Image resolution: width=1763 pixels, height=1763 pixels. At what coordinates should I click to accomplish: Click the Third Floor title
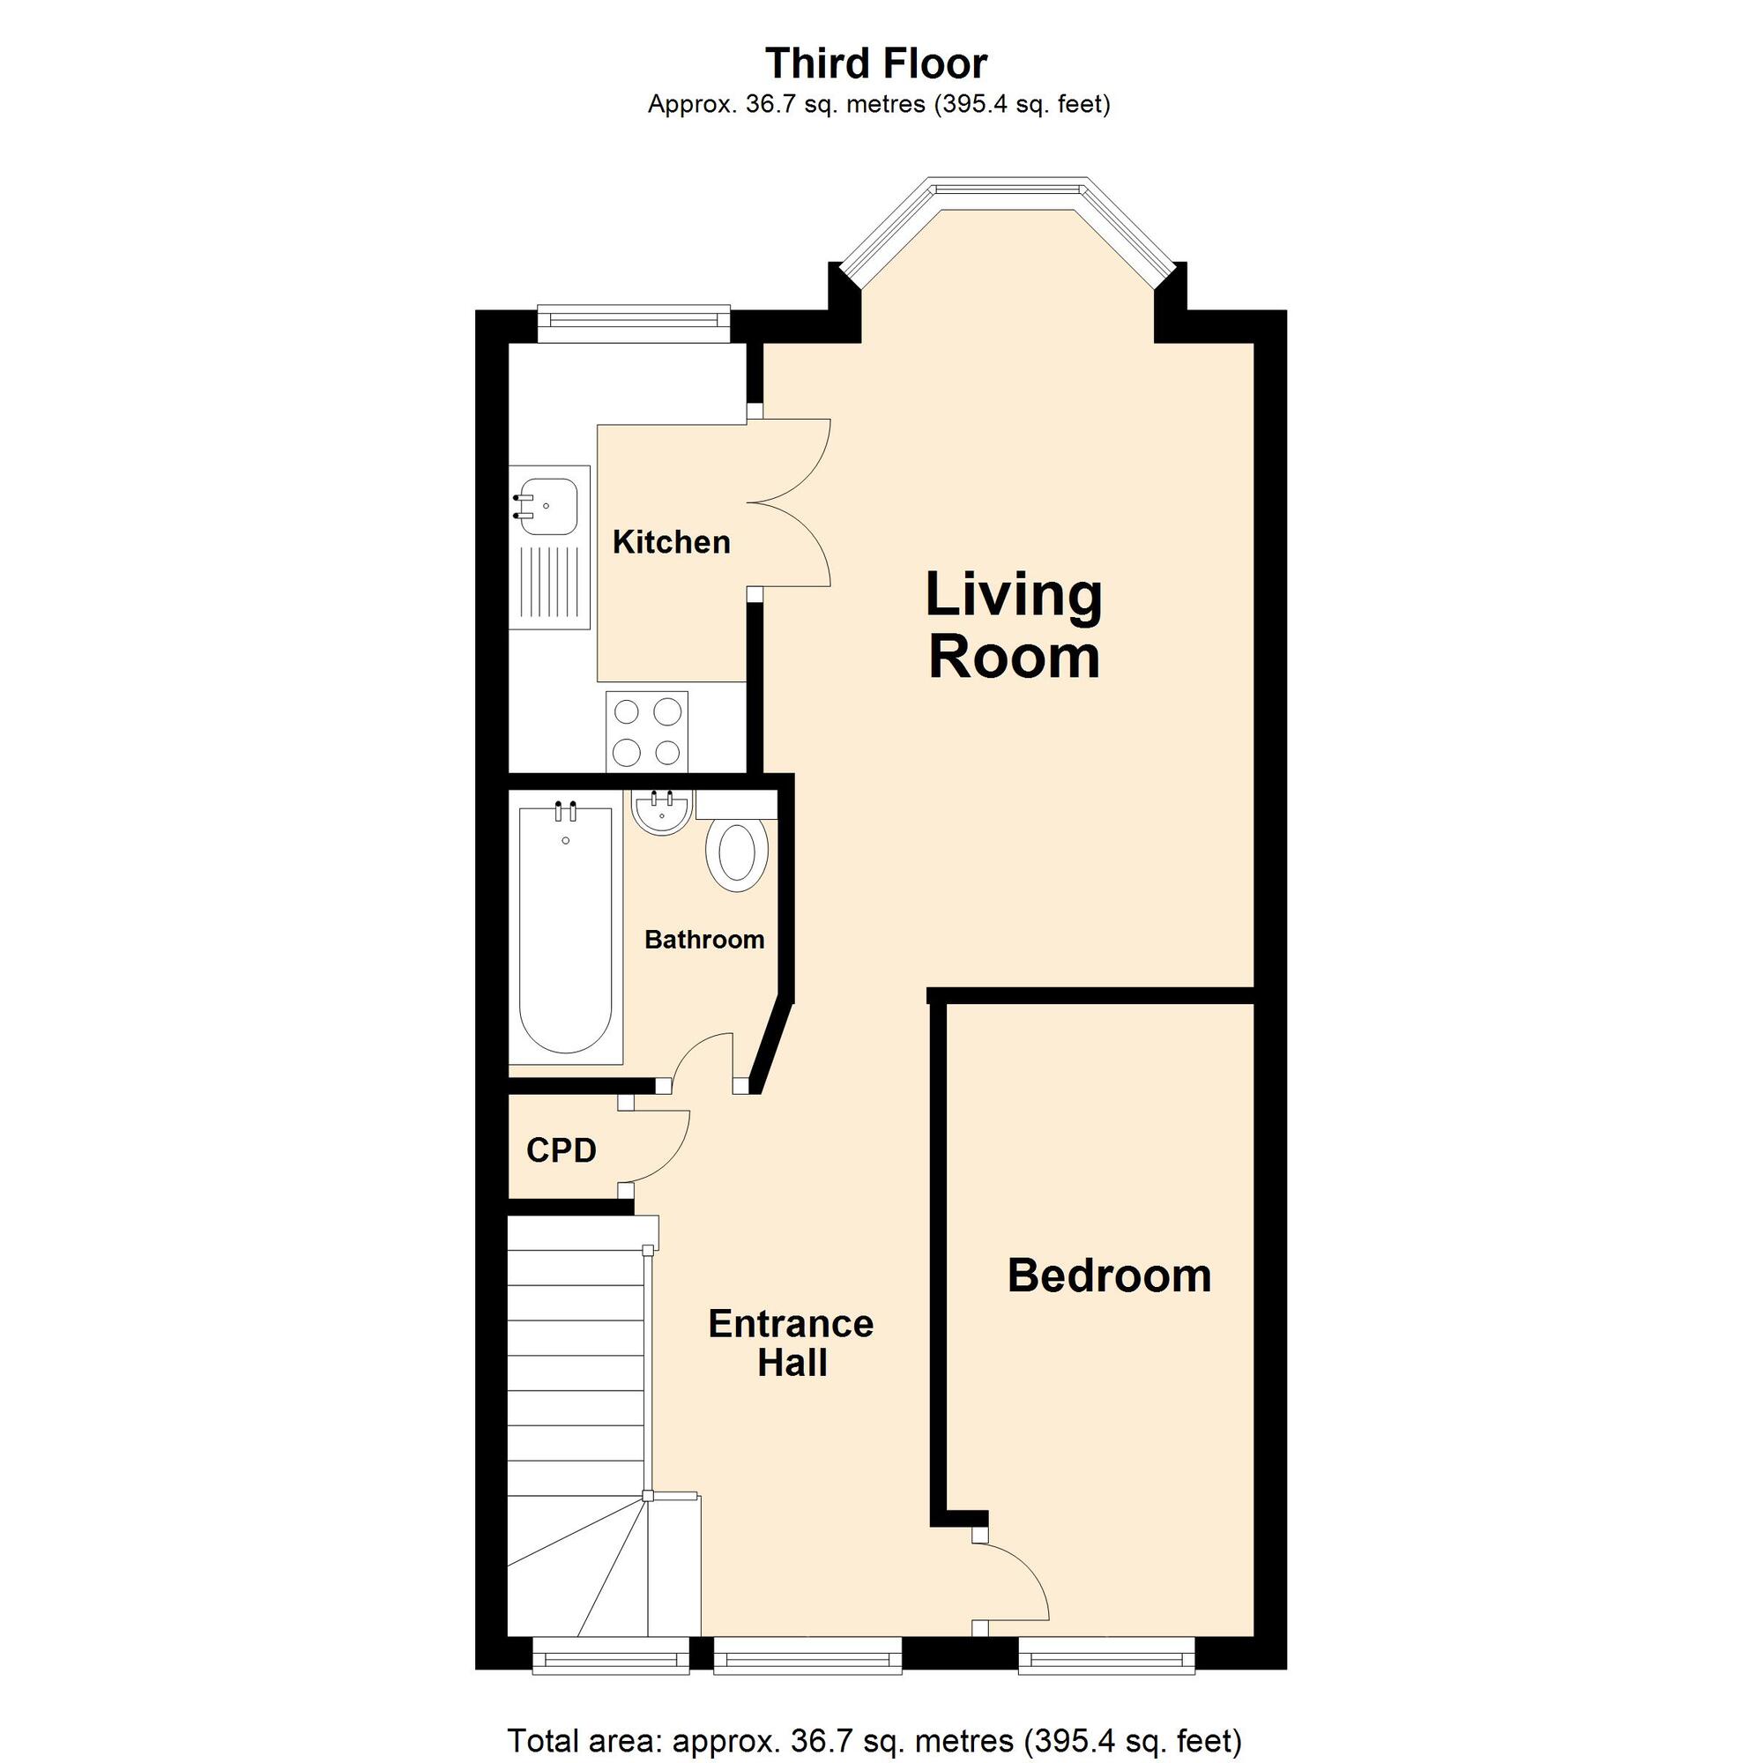876,63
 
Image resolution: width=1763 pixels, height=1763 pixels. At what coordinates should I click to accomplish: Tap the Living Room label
1014,625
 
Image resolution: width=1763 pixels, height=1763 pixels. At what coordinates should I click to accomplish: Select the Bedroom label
1109,1276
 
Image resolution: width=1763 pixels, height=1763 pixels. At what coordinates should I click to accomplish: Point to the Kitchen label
672,542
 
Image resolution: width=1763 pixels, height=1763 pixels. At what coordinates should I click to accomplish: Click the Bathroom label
704,940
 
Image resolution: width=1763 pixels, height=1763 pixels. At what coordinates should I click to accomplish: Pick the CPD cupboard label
562,1150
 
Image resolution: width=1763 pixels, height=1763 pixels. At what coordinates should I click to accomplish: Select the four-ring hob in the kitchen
647,731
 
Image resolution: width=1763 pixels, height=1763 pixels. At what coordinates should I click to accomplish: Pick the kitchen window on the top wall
634,323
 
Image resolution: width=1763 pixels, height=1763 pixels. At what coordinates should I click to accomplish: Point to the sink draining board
550,583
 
